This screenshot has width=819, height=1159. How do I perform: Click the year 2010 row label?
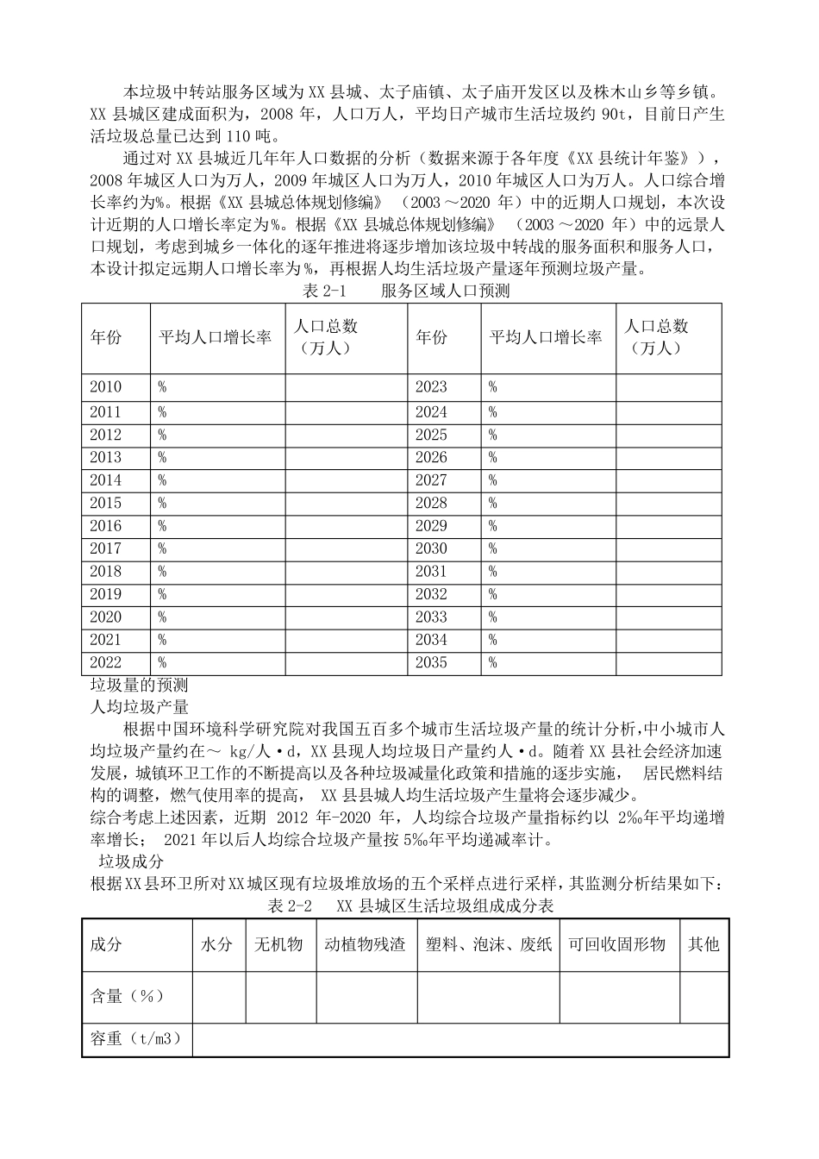tap(106, 387)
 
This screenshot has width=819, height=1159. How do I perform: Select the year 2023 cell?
tap(431, 387)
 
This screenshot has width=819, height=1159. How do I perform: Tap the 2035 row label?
tap(431, 662)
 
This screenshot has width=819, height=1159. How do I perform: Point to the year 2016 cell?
tap(106, 526)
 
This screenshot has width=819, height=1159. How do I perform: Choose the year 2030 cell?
tap(431, 548)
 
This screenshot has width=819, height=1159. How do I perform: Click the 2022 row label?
tap(106, 662)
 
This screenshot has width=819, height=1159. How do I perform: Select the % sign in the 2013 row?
tap(162, 458)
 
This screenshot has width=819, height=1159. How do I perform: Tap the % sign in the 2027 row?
tap(493, 480)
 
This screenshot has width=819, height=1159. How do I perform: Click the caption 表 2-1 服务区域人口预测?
tap(406, 291)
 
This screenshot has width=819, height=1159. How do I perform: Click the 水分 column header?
tap(217, 944)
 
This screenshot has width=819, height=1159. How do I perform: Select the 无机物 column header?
tap(279, 944)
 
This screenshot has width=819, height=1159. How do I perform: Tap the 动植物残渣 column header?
tap(366, 944)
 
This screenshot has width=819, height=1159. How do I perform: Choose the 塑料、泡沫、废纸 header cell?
tap(488, 944)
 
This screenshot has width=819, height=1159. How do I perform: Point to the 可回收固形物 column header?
tap(617, 944)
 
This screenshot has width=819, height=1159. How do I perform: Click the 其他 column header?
tap(703, 944)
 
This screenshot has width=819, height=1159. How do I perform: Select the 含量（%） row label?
tap(127, 996)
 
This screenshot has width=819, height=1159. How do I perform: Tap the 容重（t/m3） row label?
tap(136, 1039)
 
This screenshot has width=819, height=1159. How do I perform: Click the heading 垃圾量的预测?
tap(139, 686)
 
